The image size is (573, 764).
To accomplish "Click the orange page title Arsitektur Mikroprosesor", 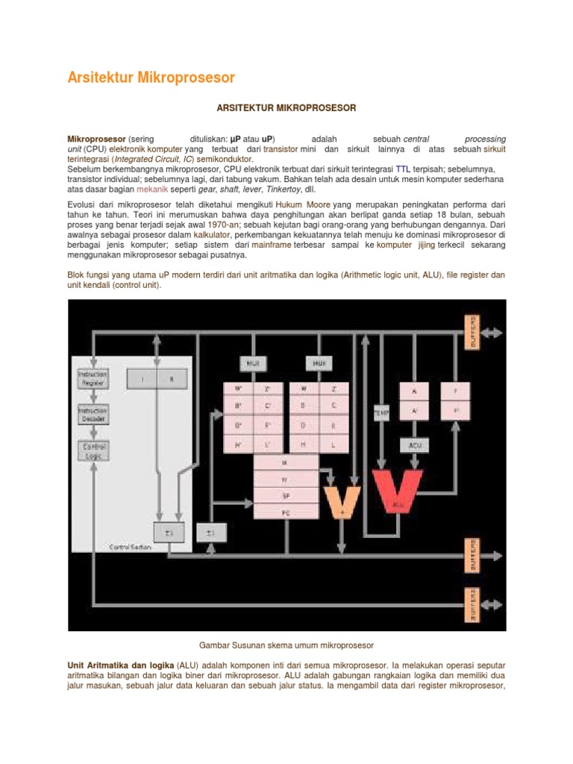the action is [151, 78].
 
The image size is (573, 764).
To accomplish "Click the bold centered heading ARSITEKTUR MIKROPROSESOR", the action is [286, 108].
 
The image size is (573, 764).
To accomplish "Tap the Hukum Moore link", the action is [303, 204].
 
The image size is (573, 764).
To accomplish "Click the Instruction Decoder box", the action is [93, 413].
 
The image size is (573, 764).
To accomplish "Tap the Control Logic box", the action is [93, 449].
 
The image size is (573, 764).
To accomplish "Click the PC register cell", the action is [286, 513].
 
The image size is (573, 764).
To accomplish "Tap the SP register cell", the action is [286, 495].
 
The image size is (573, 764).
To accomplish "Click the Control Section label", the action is [130, 548].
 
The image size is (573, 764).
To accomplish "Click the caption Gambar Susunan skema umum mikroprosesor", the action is [286, 644].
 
